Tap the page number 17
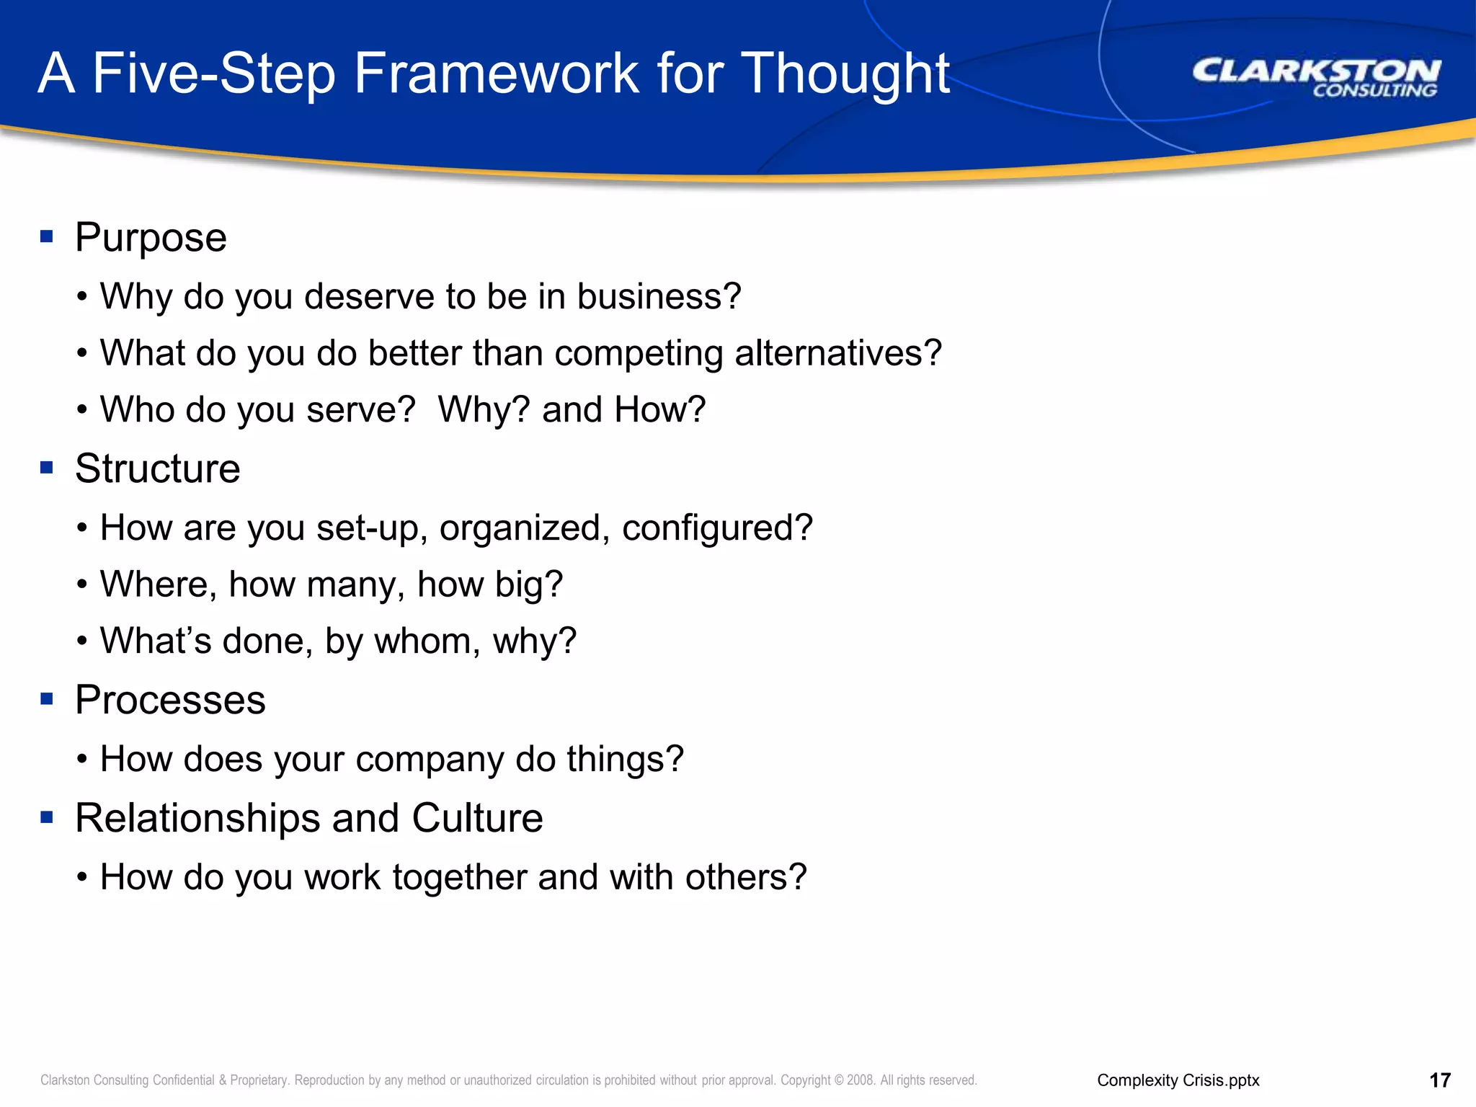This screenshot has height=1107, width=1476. [1439, 1080]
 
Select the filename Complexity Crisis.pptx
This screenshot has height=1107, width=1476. [1178, 1080]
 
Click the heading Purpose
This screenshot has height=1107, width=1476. [151, 238]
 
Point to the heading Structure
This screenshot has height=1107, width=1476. [157, 469]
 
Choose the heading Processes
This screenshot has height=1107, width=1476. [170, 701]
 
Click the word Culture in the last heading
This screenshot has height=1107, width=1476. [477, 819]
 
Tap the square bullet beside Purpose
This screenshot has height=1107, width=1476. [47, 236]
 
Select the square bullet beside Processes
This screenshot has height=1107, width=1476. [47, 698]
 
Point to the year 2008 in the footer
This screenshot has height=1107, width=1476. [860, 1080]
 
